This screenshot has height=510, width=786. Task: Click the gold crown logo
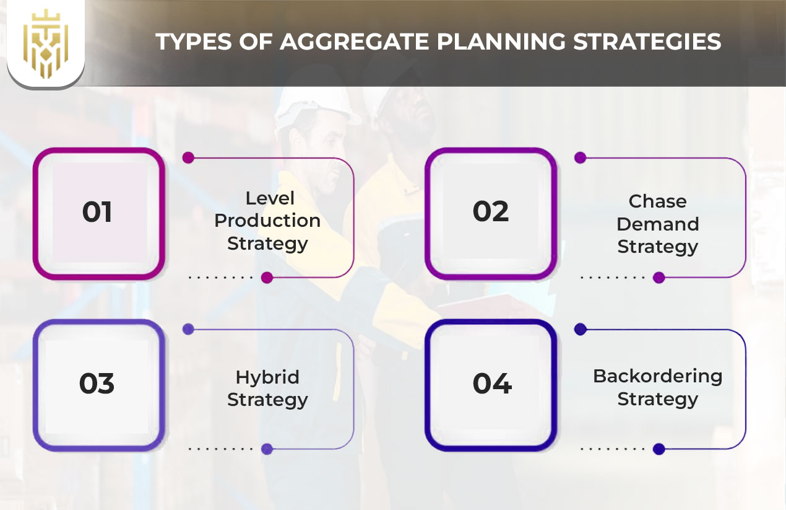click(x=46, y=43)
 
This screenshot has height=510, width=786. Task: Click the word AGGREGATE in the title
click(x=355, y=42)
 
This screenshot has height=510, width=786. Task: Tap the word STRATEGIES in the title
click(x=647, y=42)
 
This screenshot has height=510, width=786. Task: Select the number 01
click(x=97, y=212)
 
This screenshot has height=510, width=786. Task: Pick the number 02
click(x=491, y=211)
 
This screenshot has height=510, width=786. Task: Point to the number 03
click(x=97, y=383)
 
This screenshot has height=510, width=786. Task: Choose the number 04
click(x=492, y=383)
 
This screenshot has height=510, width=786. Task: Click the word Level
click(x=270, y=198)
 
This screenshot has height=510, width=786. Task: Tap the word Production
click(x=267, y=221)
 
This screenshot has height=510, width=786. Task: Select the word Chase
click(x=657, y=201)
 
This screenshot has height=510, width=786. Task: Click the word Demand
click(x=657, y=224)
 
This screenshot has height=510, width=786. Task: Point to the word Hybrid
click(x=267, y=377)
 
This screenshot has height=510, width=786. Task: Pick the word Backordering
click(x=657, y=377)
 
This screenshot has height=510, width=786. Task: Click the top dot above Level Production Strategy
click(x=188, y=157)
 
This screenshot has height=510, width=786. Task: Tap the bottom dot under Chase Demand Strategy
click(x=659, y=278)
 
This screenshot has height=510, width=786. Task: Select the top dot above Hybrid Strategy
click(x=188, y=329)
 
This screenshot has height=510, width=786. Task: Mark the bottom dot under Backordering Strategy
click(x=659, y=449)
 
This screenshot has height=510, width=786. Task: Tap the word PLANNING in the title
click(x=501, y=42)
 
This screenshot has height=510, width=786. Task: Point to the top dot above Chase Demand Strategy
click(x=581, y=157)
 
